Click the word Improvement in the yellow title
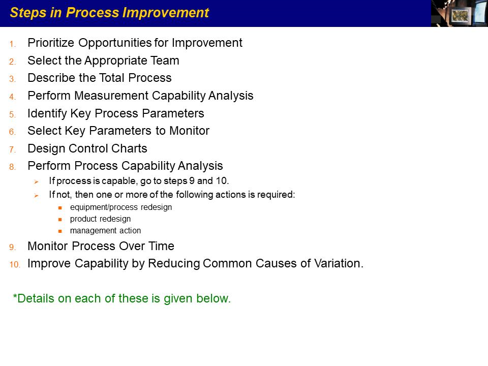click(166, 13)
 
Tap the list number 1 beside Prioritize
click(12, 44)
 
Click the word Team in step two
click(165, 60)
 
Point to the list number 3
click(12, 79)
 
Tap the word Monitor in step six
click(189, 131)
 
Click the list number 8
click(12, 167)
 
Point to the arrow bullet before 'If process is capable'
click(37, 182)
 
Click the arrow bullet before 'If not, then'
click(37, 195)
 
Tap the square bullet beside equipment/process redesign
click(60, 208)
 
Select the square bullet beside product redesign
click(60, 220)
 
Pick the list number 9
click(12, 248)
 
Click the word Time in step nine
click(161, 246)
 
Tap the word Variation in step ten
click(339, 264)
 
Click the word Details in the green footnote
click(34, 298)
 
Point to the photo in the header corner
click(460, 13)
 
